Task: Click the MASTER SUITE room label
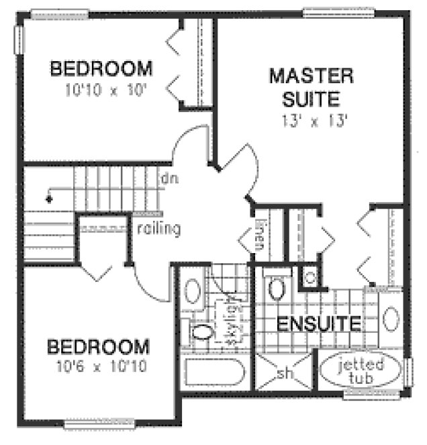(301, 87)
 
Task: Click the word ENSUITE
(319, 323)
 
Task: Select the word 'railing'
(158, 229)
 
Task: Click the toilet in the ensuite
(275, 288)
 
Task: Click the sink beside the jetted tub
(391, 317)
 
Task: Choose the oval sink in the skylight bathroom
(190, 293)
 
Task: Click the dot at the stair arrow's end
(48, 199)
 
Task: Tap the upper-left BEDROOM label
(101, 69)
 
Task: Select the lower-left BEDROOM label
(98, 348)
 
